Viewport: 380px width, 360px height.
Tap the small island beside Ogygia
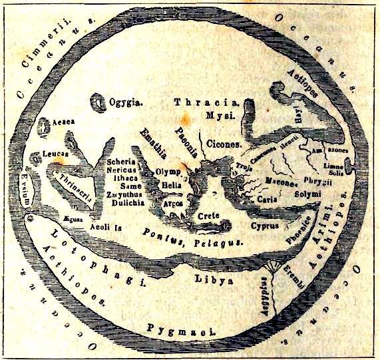click(x=98, y=102)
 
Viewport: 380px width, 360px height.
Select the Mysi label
click(x=217, y=114)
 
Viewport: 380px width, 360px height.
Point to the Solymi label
click(x=307, y=194)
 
